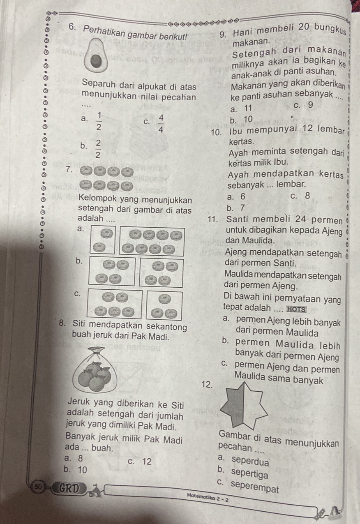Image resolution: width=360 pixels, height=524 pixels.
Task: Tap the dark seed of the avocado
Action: pyautogui.click(x=96, y=62)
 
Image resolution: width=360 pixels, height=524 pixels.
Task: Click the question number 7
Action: pyautogui.click(x=69, y=169)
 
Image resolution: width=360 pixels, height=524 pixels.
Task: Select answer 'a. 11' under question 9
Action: pyautogui.click(x=241, y=108)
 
